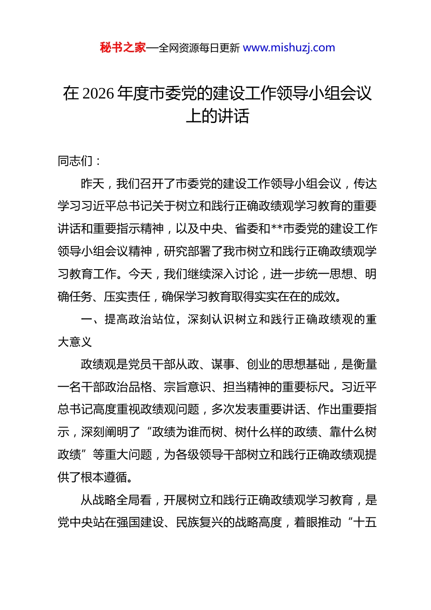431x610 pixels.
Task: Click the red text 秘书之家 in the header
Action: click(x=123, y=48)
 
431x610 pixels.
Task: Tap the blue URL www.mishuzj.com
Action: click(x=289, y=48)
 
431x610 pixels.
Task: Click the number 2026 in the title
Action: click(x=99, y=93)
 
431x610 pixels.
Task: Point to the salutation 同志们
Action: click(x=75, y=161)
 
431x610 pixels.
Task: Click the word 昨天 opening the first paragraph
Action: click(x=93, y=183)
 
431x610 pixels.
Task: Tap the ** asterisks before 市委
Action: click(x=277, y=229)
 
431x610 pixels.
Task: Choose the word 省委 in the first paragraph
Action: click(x=247, y=229)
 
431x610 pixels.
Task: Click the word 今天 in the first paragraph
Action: click(x=140, y=274)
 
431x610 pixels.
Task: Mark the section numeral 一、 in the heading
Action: click(x=92, y=320)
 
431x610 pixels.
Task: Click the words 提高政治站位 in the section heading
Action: click(x=140, y=320)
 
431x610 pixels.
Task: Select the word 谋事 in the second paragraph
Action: click(x=223, y=364)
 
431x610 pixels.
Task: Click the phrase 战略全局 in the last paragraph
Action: click(x=116, y=500)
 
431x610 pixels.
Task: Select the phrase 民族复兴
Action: click(x=200, y=522)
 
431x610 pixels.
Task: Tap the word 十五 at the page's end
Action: click(x=365, y=522)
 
